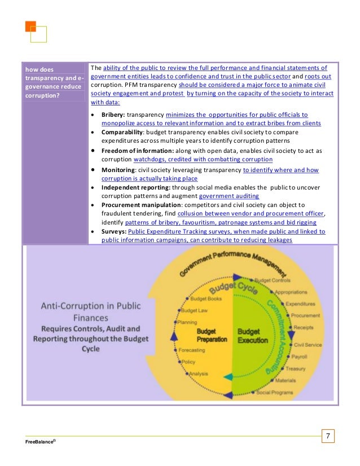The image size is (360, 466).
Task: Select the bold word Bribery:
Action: click(x=113, y=114)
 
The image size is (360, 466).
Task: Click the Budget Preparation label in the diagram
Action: click(x=212, y=335)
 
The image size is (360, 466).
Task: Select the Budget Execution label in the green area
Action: click(x=249, y=335)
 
